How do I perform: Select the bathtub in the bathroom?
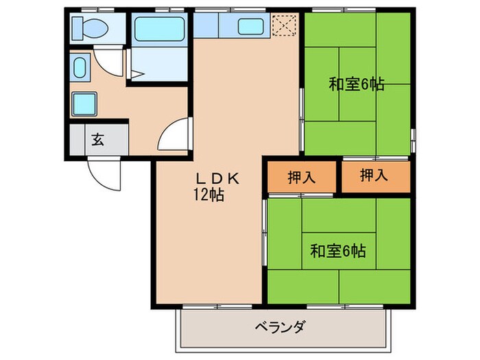coord(158,29)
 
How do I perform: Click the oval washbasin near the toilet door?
coord(80,69)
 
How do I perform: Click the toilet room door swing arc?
coord(108,60)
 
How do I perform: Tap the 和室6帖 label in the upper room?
coord(356,85)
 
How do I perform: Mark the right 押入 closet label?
coord(374,176)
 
